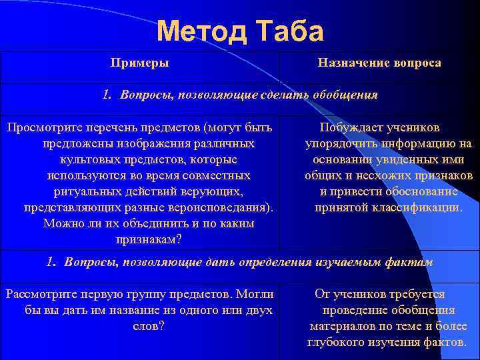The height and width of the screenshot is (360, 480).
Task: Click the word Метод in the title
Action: (198, 31)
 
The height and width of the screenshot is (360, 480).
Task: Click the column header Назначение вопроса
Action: (379, 63)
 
